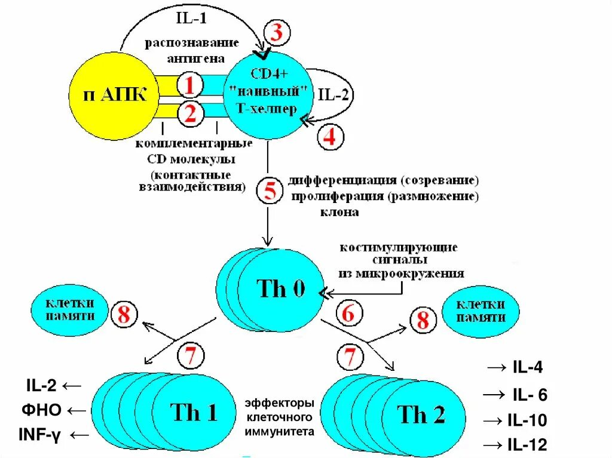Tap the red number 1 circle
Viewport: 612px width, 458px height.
click(x=189, y=86)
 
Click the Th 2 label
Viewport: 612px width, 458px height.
click(x=421, y=414)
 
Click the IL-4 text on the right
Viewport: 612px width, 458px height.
click(x=528, y=368)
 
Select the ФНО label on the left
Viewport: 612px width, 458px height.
click(x=42, y=411)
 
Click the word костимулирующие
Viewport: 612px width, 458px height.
click(x=399, y=247)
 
